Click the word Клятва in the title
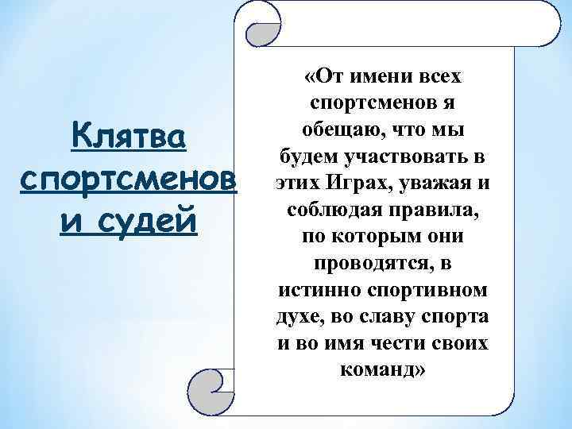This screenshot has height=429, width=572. coord(128,137)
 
